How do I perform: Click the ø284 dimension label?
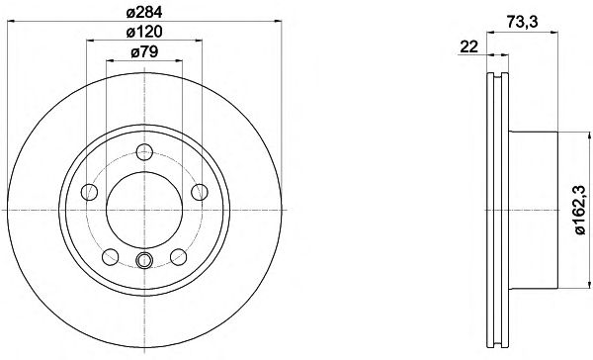(x=144, y=12)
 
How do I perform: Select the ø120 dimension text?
(x=144, y=32)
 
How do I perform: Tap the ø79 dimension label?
(x=144, y=51)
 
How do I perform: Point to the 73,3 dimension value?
(x=522, y=23)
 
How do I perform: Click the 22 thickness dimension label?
(x=468, y=46)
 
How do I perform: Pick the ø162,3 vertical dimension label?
(x=580, y=210)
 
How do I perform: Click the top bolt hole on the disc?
(x=144, y=152)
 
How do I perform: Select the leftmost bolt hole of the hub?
(x=89, y=192)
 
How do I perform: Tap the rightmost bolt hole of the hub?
(x=200, y=192)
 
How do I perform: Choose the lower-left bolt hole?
(x=111, y=257)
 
